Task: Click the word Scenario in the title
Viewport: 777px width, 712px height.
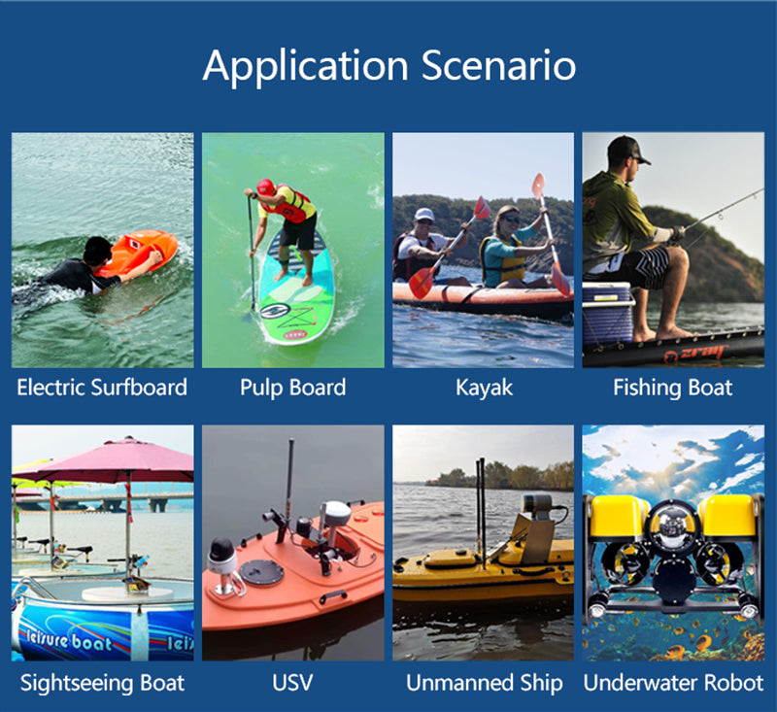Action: [498, 65]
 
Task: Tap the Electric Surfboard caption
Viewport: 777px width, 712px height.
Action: [102, 388]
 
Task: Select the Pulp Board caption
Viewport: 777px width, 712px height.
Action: [293, 388]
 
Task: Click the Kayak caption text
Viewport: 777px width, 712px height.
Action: [484, 388]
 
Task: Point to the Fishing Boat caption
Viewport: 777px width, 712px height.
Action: [673, 388]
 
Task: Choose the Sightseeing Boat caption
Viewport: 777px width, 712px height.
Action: [102, 683]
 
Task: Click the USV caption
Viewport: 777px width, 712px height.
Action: [292, 683]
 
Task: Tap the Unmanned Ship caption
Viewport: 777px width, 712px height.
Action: [484, 683]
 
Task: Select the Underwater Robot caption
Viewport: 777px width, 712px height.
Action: [673, 683]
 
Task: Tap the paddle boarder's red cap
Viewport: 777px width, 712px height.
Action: [265, 186]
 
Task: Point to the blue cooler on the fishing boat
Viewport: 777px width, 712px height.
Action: [608, 312]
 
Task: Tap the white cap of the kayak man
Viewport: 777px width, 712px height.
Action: [424, 214]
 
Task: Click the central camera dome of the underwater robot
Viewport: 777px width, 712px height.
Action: [673, 526]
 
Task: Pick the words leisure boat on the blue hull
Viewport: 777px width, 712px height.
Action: [68, 640]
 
